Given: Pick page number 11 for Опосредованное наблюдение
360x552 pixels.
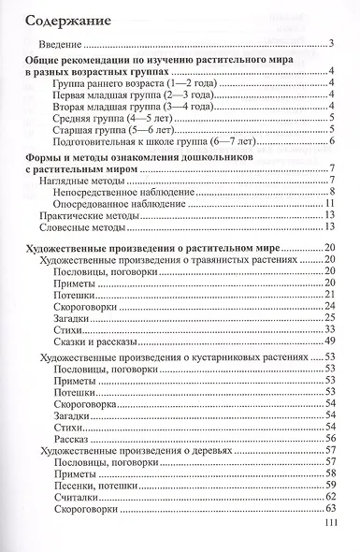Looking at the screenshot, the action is pyautogui.click(x=330, y=206).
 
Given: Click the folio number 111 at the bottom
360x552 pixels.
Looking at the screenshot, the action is pyautogui.click(x=325, y=527).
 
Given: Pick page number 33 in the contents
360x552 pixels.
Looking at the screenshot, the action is pyautogui.click(x=330, y=330).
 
